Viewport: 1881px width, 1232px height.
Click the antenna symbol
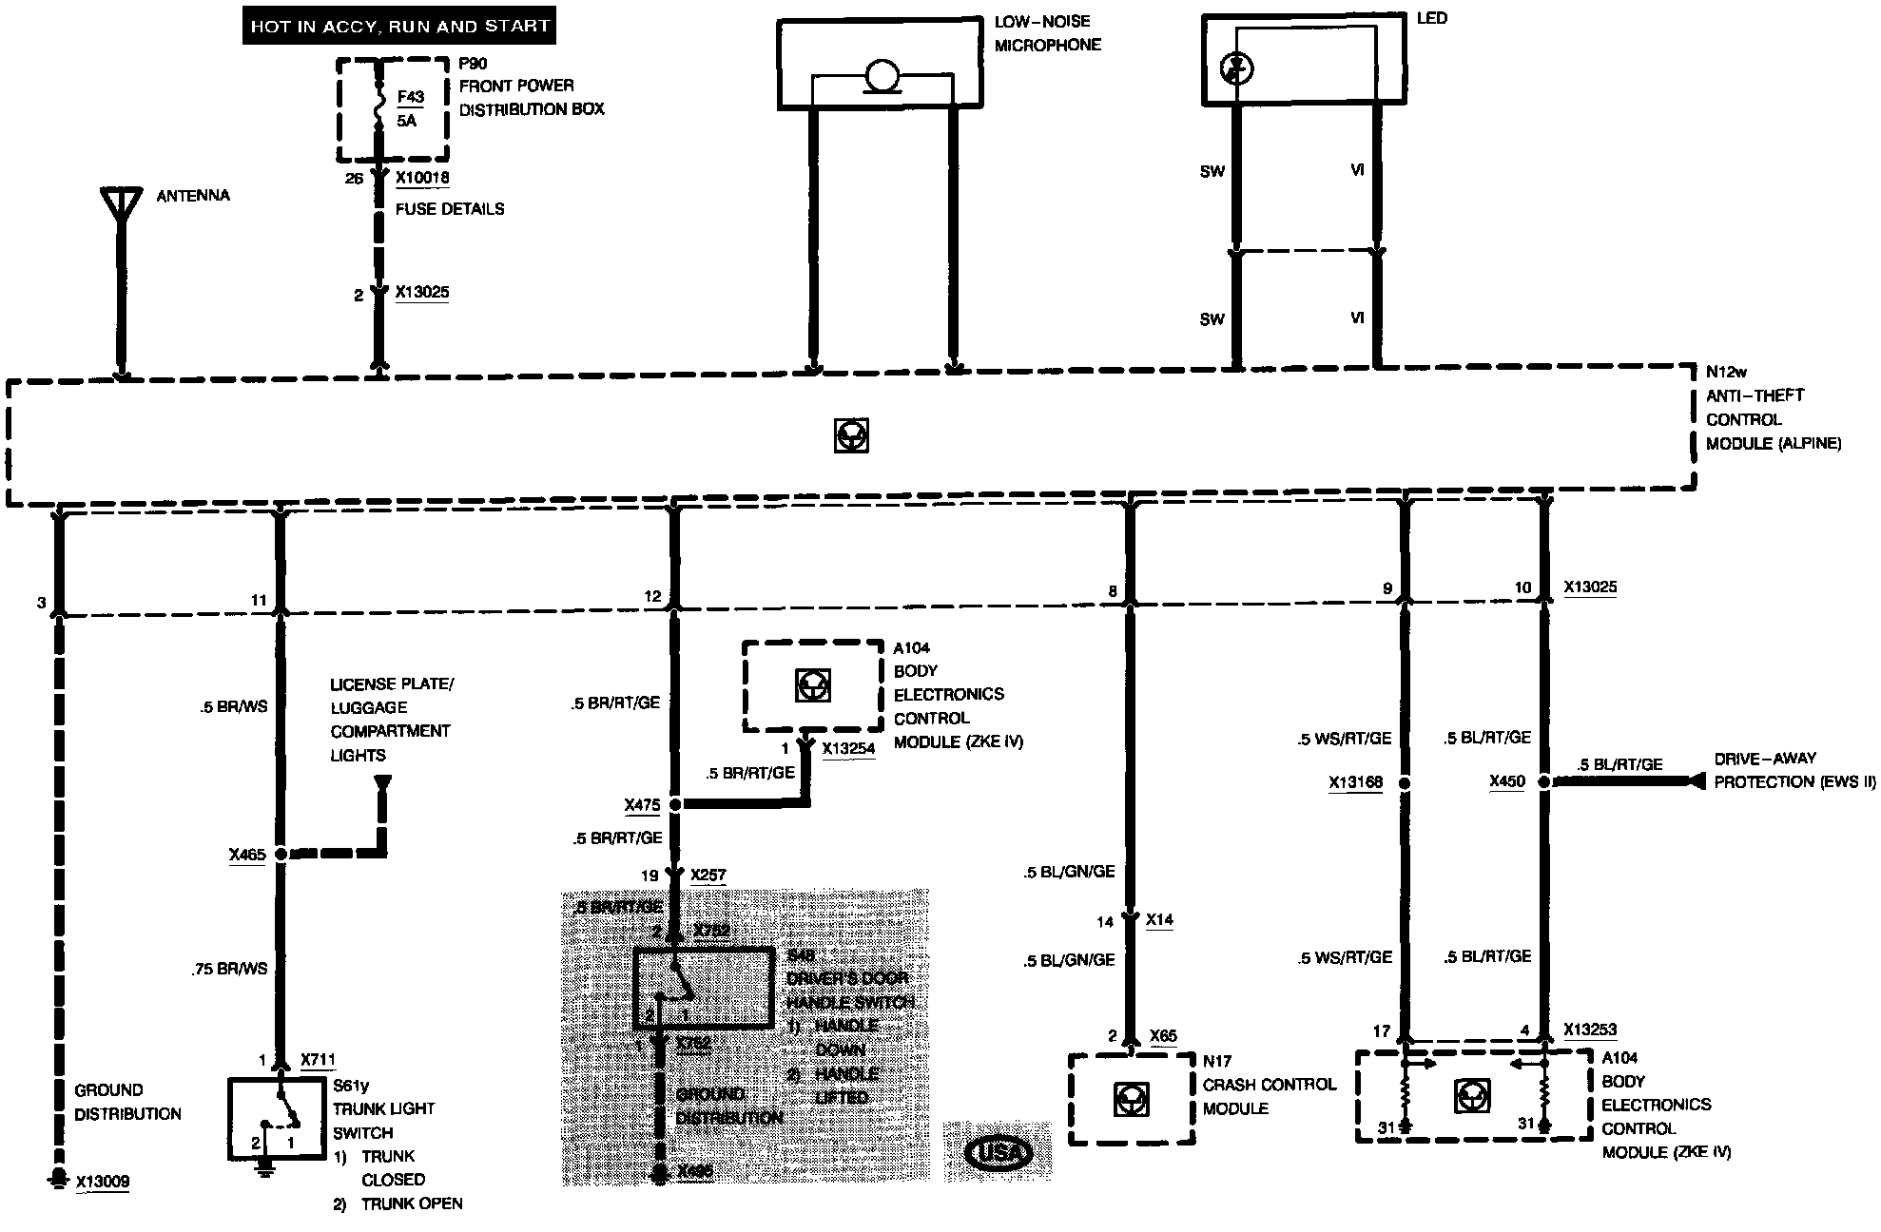coord(120,204)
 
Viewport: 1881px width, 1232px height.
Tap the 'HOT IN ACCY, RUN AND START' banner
coord(399,27)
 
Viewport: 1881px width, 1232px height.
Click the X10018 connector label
coord(422,178)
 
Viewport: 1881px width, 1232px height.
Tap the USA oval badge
coord(999,1153)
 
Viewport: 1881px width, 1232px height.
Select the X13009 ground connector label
coord(102,1182)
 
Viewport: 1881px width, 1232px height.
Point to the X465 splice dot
coord(281,855)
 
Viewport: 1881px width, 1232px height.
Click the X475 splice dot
coord(675,804)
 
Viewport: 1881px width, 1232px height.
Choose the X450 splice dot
coord(1544,781)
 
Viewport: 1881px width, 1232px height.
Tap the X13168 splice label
coord(1355,783)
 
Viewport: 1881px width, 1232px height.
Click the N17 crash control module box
coord(1131,1099)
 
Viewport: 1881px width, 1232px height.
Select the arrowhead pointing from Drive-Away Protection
coord(1695,781)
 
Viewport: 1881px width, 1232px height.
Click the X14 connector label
coord(1159,920)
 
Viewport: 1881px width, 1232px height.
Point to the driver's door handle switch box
coord(703,988)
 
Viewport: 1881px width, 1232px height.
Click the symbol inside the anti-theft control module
coord(851,435)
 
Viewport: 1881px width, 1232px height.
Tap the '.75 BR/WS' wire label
coord(229,969)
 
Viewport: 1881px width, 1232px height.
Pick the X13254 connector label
coord(848,748)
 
